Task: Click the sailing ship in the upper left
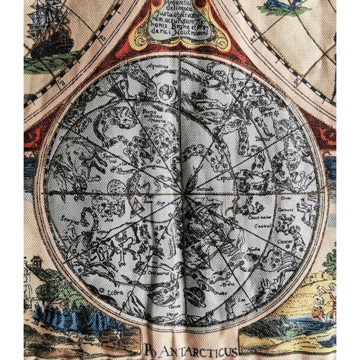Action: click(50, 39)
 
